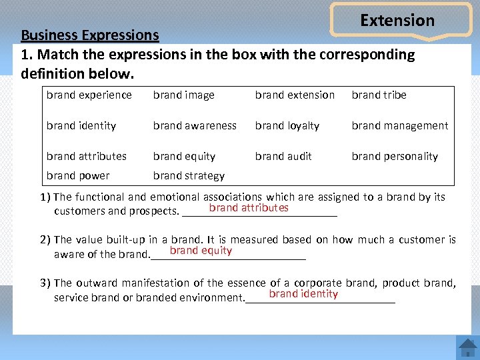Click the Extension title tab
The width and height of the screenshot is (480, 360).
point(397,21)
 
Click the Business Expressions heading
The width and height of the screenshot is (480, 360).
point(90,35)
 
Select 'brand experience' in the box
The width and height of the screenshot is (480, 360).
point(89,95)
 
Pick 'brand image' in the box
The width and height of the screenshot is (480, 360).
point(184,95)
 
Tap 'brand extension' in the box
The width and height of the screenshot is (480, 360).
point(295,95)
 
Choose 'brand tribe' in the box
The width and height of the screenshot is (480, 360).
point(379,95)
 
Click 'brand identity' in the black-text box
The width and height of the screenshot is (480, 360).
point(81,125)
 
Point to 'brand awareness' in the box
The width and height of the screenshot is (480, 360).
point(195,125)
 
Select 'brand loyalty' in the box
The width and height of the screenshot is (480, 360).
point(287,125)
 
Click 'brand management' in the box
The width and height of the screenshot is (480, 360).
point(400,125)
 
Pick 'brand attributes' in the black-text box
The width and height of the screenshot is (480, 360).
point(87,156)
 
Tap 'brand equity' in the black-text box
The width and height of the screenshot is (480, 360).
point(184,157)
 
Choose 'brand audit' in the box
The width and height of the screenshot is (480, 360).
point(283,156)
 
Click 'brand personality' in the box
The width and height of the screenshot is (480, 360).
point(395,157)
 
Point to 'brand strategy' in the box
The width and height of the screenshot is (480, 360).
point(189,176)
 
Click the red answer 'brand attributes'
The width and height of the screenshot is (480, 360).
point(249,208)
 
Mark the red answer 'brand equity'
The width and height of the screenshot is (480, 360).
point(201,251)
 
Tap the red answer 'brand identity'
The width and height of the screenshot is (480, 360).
point(303,294)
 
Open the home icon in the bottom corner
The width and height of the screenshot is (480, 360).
point(467,347)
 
